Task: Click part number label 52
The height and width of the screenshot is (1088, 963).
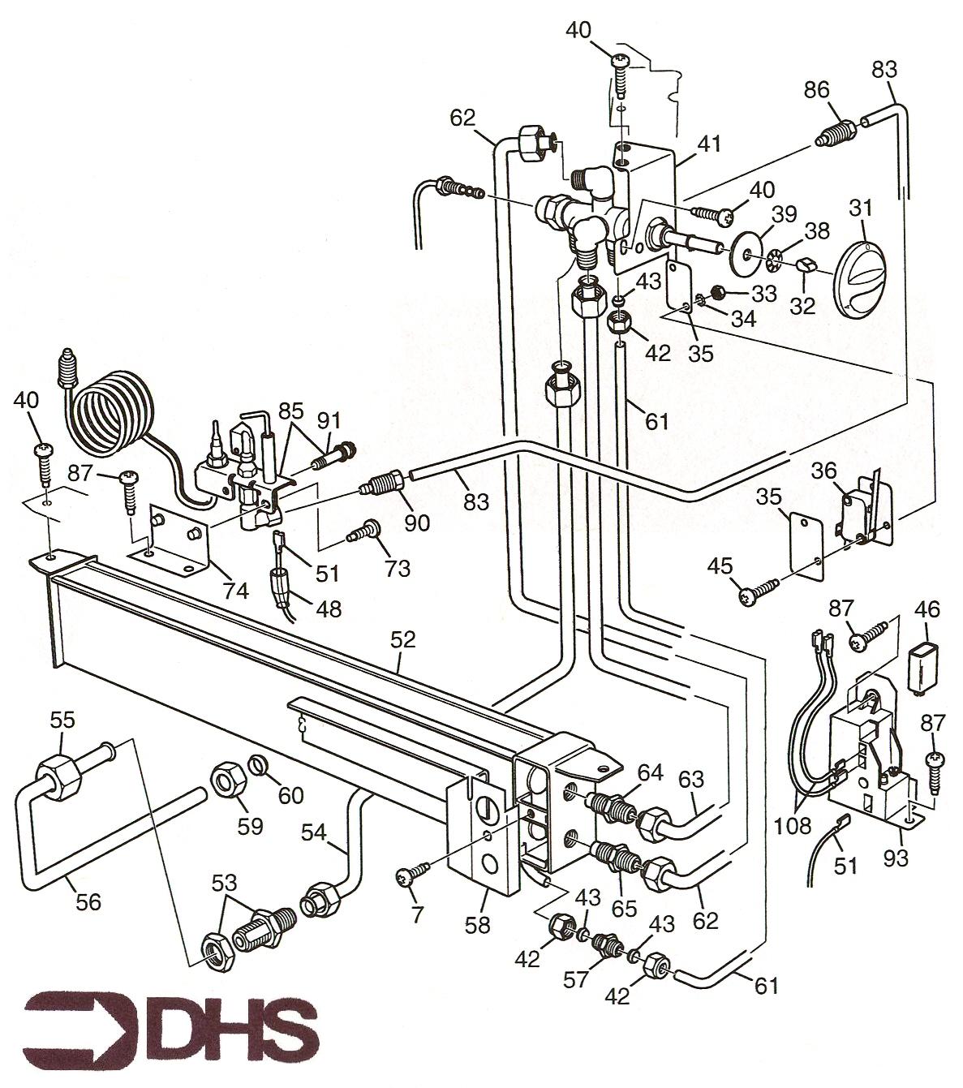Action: (402, 639)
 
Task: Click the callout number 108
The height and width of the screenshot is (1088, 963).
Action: (793, 826)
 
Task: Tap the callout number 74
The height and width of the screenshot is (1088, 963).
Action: (237, 591)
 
